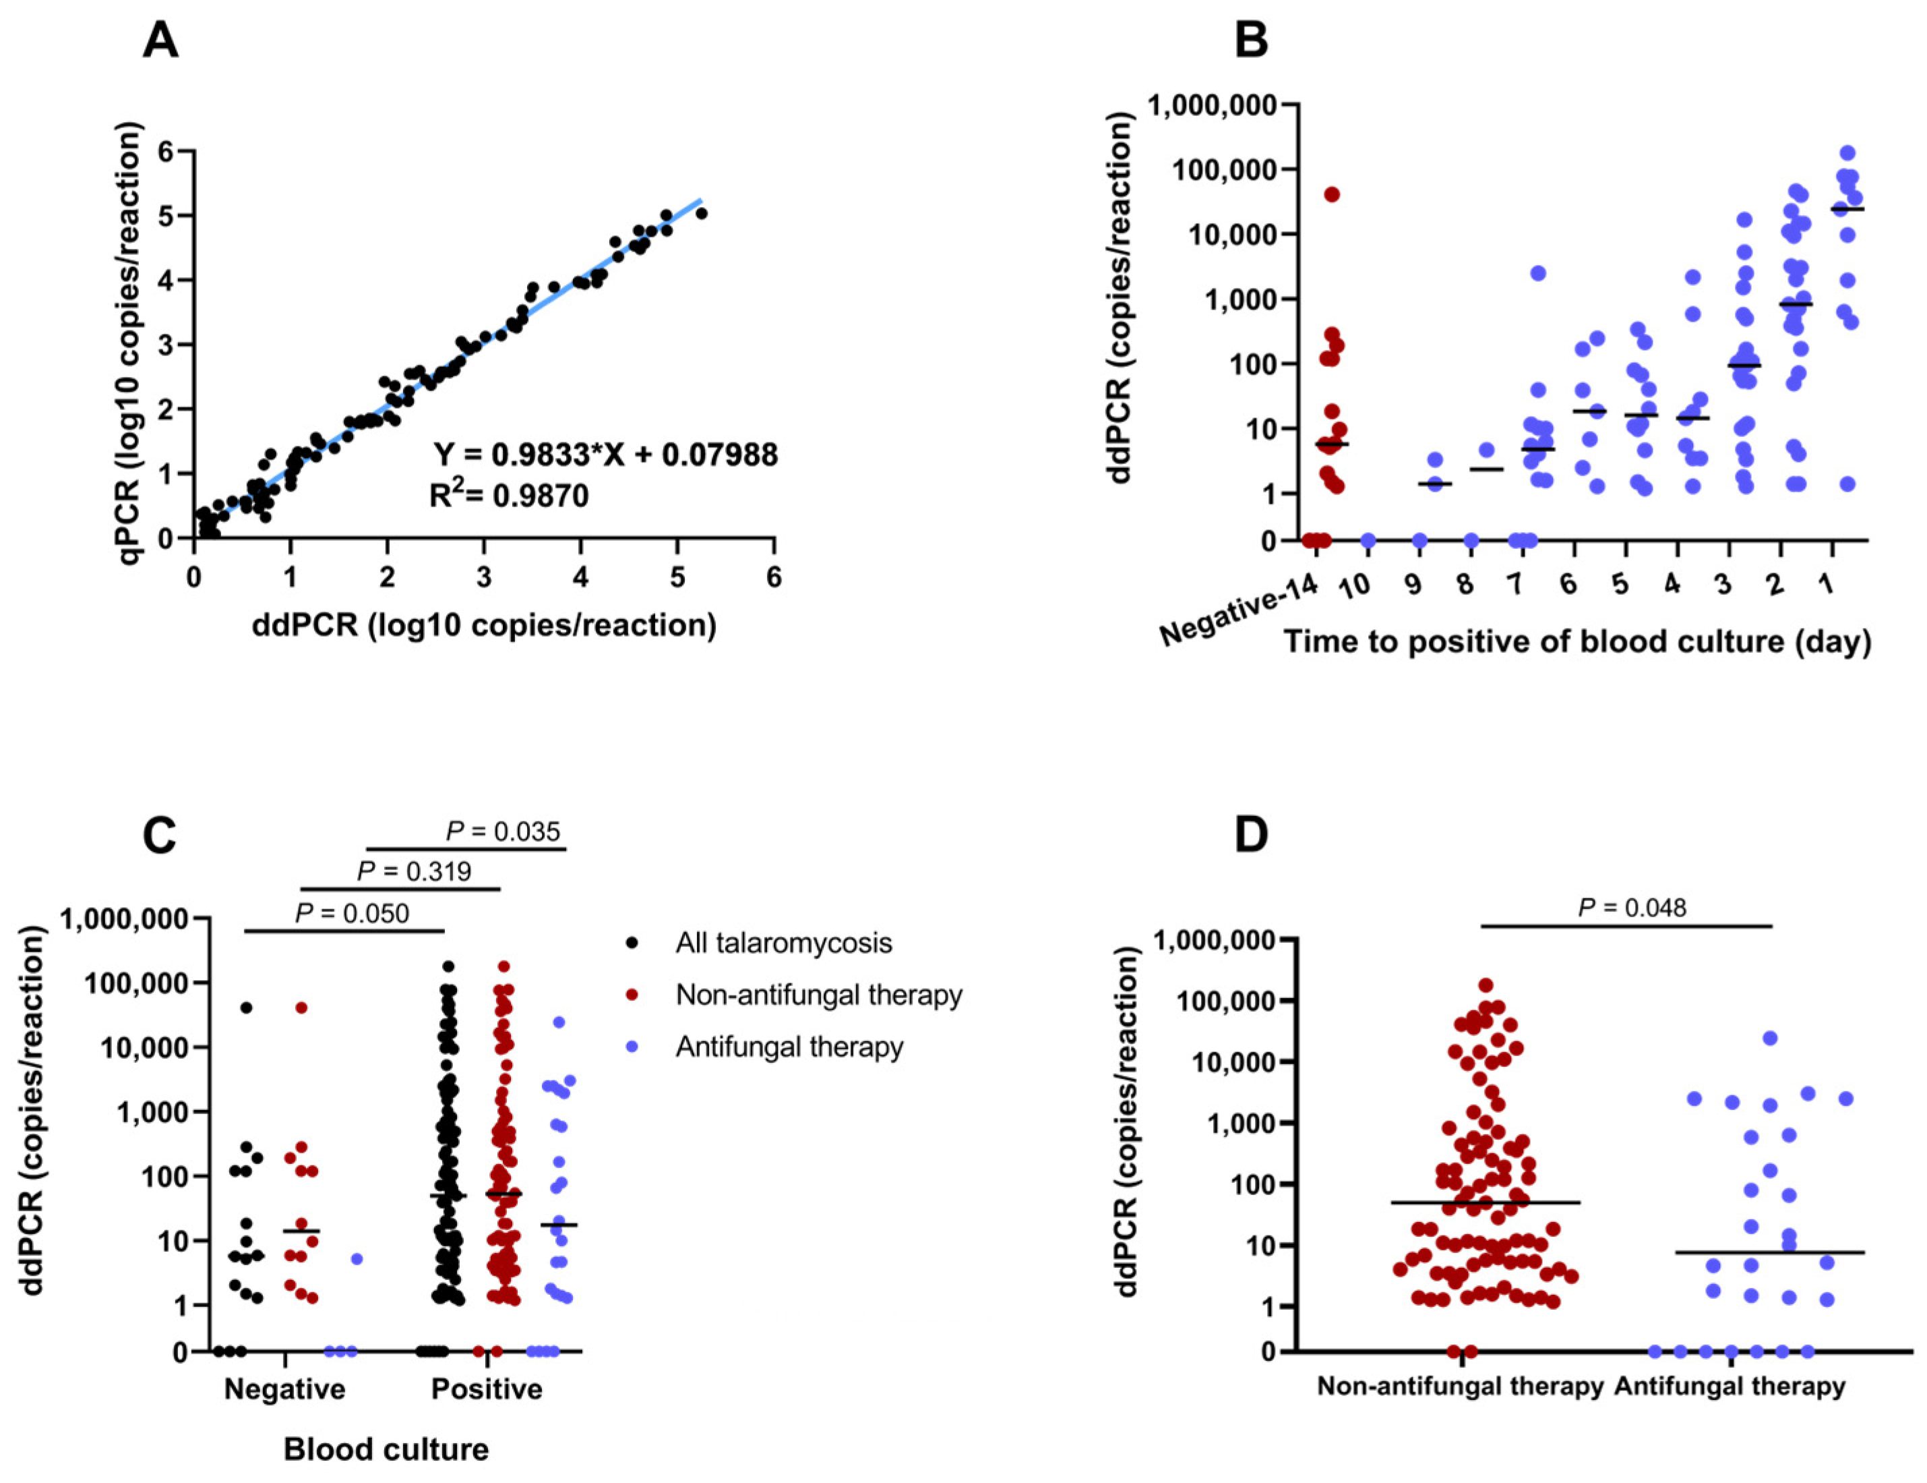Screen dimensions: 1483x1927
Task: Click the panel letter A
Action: click(x=160, y=40)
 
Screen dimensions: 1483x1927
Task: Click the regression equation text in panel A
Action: click(x=605, y=455)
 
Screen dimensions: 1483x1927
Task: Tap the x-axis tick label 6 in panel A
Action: click(x=774, y=578)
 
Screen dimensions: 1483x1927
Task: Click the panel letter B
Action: click(x=1251, y=40)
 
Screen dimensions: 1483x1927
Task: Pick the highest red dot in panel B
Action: click(x=1331, y=194)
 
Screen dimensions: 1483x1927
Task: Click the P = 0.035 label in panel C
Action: click(x=503, y=832)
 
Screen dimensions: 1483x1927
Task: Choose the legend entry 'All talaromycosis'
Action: click(x=783, y=943)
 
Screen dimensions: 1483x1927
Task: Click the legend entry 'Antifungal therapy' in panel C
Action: click(x=789, y=1047)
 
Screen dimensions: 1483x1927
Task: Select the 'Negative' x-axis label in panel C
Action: click(x=284, y=1389)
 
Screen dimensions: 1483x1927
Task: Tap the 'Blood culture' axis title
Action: click(x=386, y=1449)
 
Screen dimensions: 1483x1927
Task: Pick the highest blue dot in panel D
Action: click(x=1769, y=1038)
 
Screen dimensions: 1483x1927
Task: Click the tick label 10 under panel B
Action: click(x=1354, y=586)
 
